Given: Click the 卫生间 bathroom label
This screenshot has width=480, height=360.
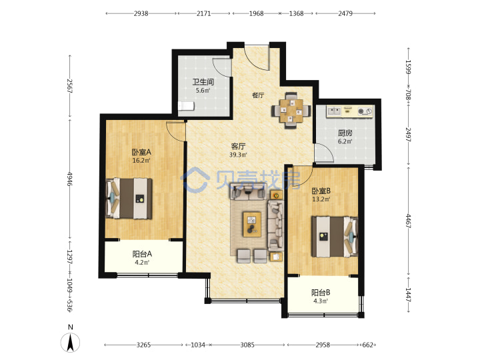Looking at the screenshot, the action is [x=203, y=82].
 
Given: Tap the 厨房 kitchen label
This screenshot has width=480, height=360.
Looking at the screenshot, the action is [x=345, y=133].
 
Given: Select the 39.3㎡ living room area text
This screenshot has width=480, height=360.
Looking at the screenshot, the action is [x=238, y=155].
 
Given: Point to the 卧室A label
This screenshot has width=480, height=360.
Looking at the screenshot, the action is [x=141, y=152].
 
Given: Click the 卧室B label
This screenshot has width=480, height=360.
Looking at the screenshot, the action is [x=321, y=191].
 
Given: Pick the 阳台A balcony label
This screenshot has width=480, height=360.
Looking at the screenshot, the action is [x=142, y=254].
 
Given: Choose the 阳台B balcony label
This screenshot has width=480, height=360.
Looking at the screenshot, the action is [x=321, y=293].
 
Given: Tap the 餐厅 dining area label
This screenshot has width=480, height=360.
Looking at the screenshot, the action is [x=258, y=95].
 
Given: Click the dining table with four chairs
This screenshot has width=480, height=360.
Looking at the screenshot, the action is [x=291, y=110].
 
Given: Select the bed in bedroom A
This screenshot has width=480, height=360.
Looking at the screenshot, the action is [x=129, y=199].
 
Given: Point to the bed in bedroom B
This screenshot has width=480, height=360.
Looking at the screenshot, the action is [x=335, y=237].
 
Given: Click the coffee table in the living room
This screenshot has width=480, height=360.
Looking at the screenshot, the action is [x=252, y=224].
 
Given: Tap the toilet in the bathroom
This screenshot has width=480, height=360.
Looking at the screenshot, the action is [x=186, y=106].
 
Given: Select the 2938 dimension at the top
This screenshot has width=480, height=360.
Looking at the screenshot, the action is [x=141, y=13].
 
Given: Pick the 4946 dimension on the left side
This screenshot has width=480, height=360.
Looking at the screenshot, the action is [x=70, y=179].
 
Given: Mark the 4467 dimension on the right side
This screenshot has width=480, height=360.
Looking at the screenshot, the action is [x=409, y=221].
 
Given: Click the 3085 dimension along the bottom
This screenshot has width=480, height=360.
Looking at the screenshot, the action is [x=247, y=345].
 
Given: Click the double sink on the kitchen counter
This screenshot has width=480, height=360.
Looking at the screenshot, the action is [x=334, y=111].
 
